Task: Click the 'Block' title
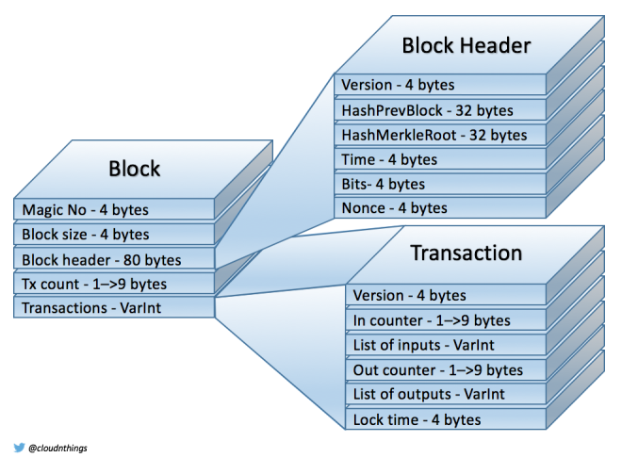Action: tap(134, 169)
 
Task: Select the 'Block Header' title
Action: tap(466, 44)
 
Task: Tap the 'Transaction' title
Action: tap(466, 253)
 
